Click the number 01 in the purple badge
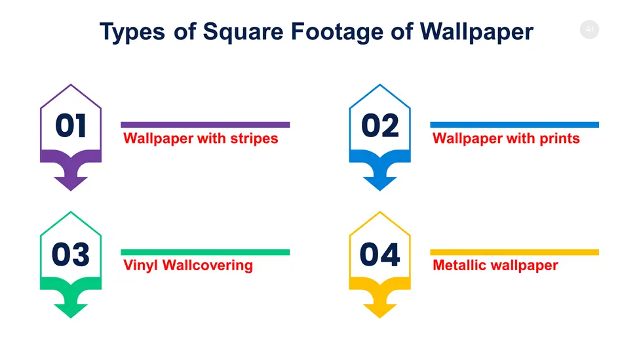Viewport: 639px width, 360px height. [71, 125]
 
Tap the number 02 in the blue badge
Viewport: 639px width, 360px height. [380, 125]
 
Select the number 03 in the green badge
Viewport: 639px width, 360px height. [71, 254]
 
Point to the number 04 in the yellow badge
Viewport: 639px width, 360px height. [380, 254]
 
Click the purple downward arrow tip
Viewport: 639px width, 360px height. [71, 190]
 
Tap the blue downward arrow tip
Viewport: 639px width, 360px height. [380, 190]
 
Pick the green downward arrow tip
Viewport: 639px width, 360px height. [71, 317]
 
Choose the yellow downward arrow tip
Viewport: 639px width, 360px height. [380, 317]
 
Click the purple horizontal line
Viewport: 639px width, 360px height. [205, 125]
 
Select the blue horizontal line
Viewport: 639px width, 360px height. [514, 125]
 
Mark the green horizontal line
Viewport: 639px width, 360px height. [205, 252]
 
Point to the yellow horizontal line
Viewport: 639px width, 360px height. [514, 252]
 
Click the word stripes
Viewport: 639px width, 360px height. [254, 138]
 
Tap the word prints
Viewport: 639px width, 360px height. [560, 138]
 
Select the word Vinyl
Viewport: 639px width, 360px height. [141, 266]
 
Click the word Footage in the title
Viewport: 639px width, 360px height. [337, 32]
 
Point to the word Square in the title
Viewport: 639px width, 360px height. [243, 32]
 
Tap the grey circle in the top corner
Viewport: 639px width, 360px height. [590, 30]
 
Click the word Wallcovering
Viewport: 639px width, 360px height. [208, 266]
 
